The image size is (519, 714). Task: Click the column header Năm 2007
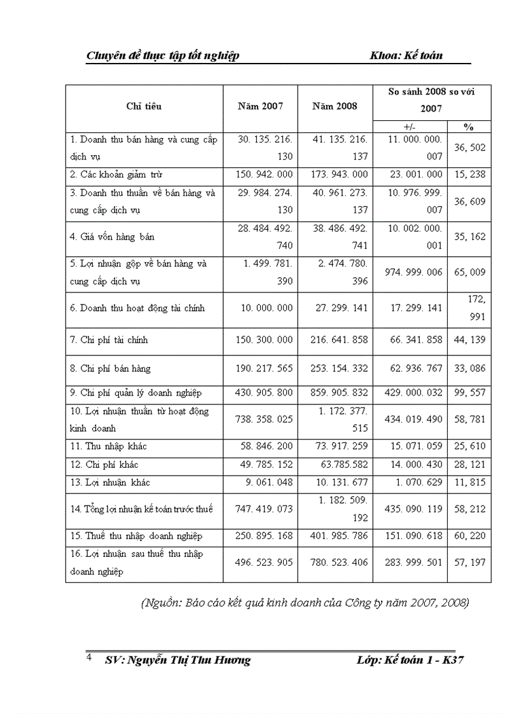coord(260,106)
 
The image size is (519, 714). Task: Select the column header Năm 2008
coord(335,106)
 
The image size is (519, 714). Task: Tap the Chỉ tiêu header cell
coord(144,106)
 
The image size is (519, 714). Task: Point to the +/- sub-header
coord(410,127)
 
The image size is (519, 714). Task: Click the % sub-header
coord(469,127)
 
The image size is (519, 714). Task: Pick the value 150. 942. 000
coord(261,174)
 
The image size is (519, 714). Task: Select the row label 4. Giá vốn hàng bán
coord(113,237)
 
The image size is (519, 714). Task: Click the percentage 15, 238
coord(469,174)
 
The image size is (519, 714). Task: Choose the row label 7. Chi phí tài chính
coord(109,340)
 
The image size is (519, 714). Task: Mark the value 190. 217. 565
coord(261,368)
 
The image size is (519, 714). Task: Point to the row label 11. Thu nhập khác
coord(109,446)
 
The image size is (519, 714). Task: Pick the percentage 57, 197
coord(469,563)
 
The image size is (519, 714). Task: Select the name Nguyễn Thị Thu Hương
coord(188,660)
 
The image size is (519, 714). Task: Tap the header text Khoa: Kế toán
coord(406,55)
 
